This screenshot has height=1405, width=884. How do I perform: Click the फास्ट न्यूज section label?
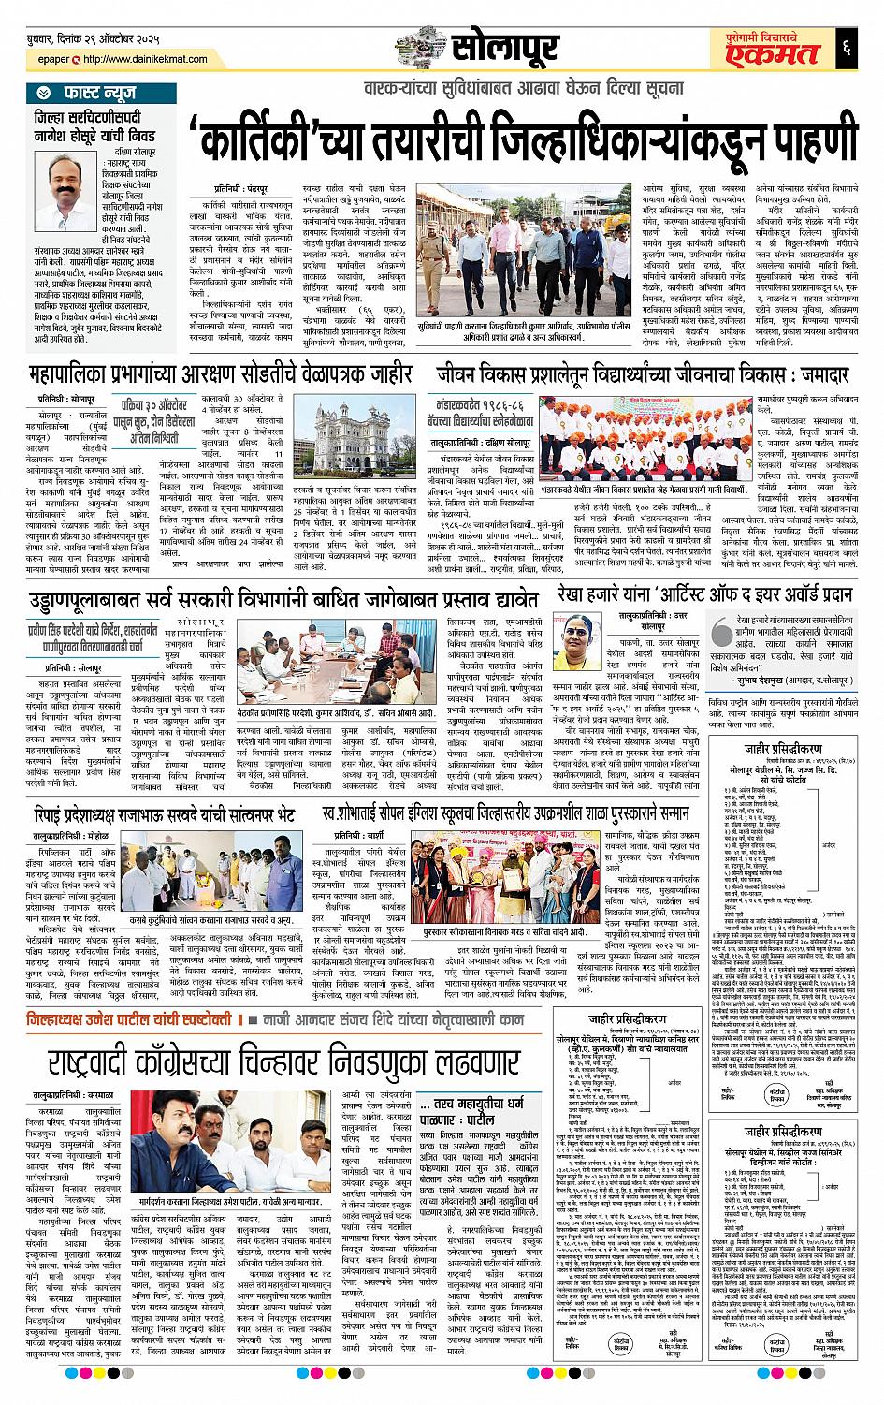point(94,92)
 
